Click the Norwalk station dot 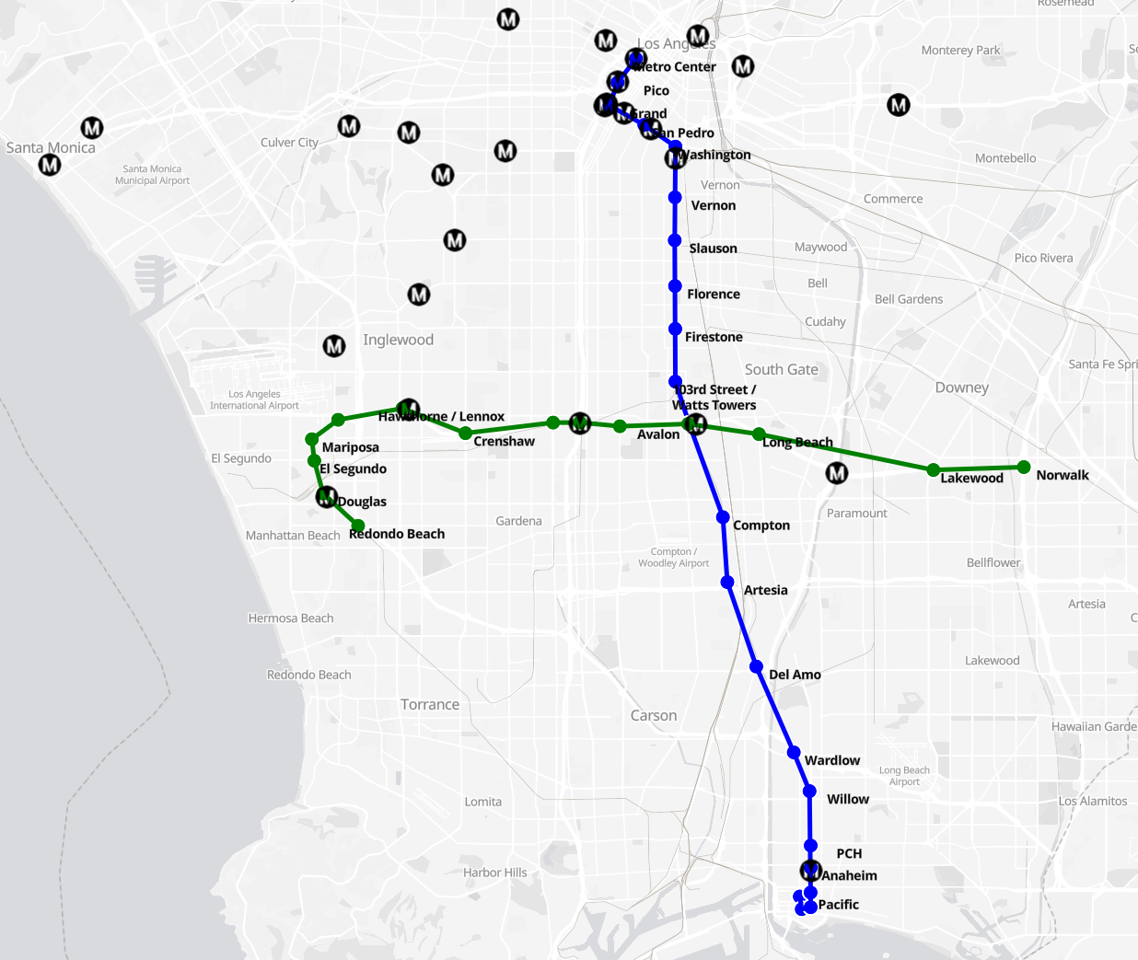click(x=1024, y=467)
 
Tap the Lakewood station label click(x=971, y=478)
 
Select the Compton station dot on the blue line click(x=723, y=517)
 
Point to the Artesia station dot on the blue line click(x=727, y=583)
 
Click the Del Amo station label click(x=795, y=675)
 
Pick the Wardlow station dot click(x=794, y=752)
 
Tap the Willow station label click(x=847, y=799)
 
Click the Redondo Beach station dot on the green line click(x=357, y=526)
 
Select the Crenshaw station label click(x=504, y=442)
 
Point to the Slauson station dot click(x=675, y=240)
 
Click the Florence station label click(x=713, y=295)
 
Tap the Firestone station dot click(x=675, y=329)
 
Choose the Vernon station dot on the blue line click(x=675, y=197)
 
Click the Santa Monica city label click(x=51, y=147)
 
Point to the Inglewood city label click(x=398, y=340)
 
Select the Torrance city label click(x=429, y=705)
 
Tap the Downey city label click(x=961, y=387)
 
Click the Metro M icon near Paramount click(x=836, y=473)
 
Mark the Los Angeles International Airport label click(x=254, y=399)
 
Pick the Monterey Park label click(x=960, y=51)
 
